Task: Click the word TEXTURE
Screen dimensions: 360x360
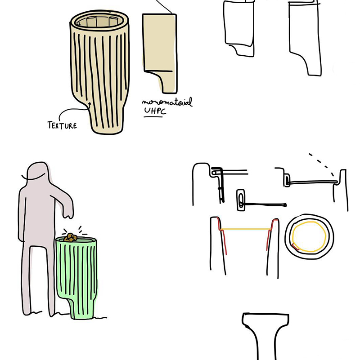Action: tap(62, 125)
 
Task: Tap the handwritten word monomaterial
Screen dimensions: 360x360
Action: tap(167, 102)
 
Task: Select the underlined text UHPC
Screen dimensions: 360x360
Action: tap(155, 111)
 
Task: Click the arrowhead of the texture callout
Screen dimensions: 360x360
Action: tap(89, 104)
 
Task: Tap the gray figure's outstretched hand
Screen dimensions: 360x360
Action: tap(68, 213)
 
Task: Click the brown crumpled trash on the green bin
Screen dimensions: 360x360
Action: tap(70, 237)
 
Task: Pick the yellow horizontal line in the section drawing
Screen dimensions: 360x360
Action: tap(246, 229)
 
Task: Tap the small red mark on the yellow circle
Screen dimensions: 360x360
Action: tap(295, 247)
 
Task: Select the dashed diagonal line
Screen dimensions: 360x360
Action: tap(321, 164)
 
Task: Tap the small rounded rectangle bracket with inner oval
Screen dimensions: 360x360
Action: tap(241, 200)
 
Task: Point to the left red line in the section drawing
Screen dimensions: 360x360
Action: tap(222, 236)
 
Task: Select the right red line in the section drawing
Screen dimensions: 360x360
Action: tap(270, 234)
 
